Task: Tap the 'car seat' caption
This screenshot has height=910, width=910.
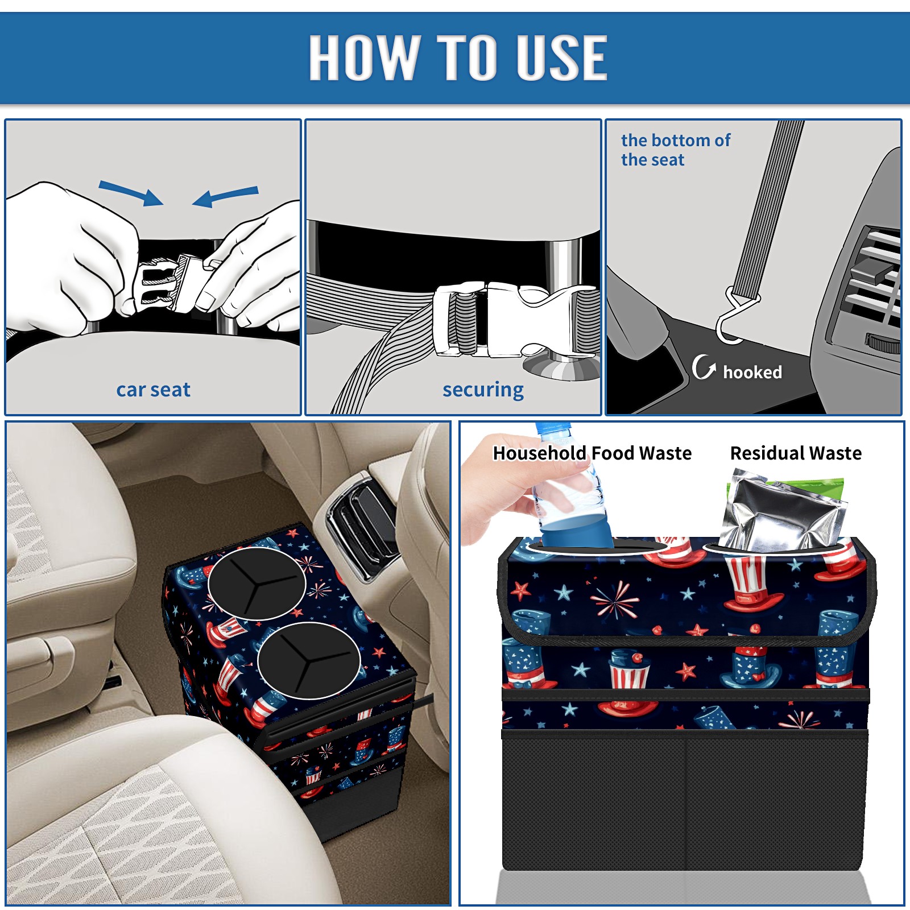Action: (153, 390)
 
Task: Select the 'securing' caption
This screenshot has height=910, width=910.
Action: (483, 390)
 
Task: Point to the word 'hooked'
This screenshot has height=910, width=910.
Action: (752, 372)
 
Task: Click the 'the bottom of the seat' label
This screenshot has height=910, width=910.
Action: (675, 150)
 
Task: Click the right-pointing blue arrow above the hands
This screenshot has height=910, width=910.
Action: (131, 193)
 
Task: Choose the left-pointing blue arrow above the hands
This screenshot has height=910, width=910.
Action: (225, 196)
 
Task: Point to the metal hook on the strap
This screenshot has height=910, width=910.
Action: (735, 316)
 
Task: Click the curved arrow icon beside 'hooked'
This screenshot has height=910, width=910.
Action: (704, 367)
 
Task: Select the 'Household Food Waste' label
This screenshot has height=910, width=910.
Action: (592, 453)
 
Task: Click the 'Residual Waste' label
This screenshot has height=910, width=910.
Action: (796, 453)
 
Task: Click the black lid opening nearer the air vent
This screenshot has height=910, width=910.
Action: (257, 584)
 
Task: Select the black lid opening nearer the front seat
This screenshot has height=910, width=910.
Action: (308, 660)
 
